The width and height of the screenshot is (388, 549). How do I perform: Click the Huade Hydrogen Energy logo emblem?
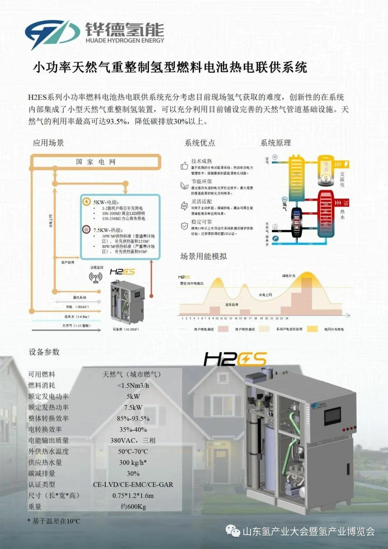[52, 33]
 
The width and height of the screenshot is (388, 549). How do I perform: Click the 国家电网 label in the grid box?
[96, 162]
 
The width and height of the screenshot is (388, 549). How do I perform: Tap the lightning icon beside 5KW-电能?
[87, 202]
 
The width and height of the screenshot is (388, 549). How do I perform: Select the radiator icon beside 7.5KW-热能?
[87, 229]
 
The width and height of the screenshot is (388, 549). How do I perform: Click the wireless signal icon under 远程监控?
[96, 277]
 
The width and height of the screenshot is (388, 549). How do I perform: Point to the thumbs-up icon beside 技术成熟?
[184, 165]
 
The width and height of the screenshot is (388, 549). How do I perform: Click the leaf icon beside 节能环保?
[184, 186]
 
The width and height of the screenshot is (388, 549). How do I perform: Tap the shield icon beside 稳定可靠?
[184, 226]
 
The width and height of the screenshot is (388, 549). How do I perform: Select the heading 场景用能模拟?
[203, 256]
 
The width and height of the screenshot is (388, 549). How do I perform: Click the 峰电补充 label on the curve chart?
[288, 276]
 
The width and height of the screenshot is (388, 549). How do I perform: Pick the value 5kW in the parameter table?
[133, 396]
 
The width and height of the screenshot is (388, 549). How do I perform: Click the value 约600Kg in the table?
[133, 507]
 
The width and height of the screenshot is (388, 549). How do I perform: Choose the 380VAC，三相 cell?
[133, 440]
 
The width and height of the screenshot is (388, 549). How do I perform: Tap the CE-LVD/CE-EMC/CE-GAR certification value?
[133, 484]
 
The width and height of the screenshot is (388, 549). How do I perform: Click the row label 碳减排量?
[42, 473]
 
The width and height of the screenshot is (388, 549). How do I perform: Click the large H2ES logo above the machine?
[235, 359]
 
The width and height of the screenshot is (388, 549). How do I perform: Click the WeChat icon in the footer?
[233, 531]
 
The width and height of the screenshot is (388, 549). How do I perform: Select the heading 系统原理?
[276, 143]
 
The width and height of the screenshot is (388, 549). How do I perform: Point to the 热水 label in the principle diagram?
[342, 214]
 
